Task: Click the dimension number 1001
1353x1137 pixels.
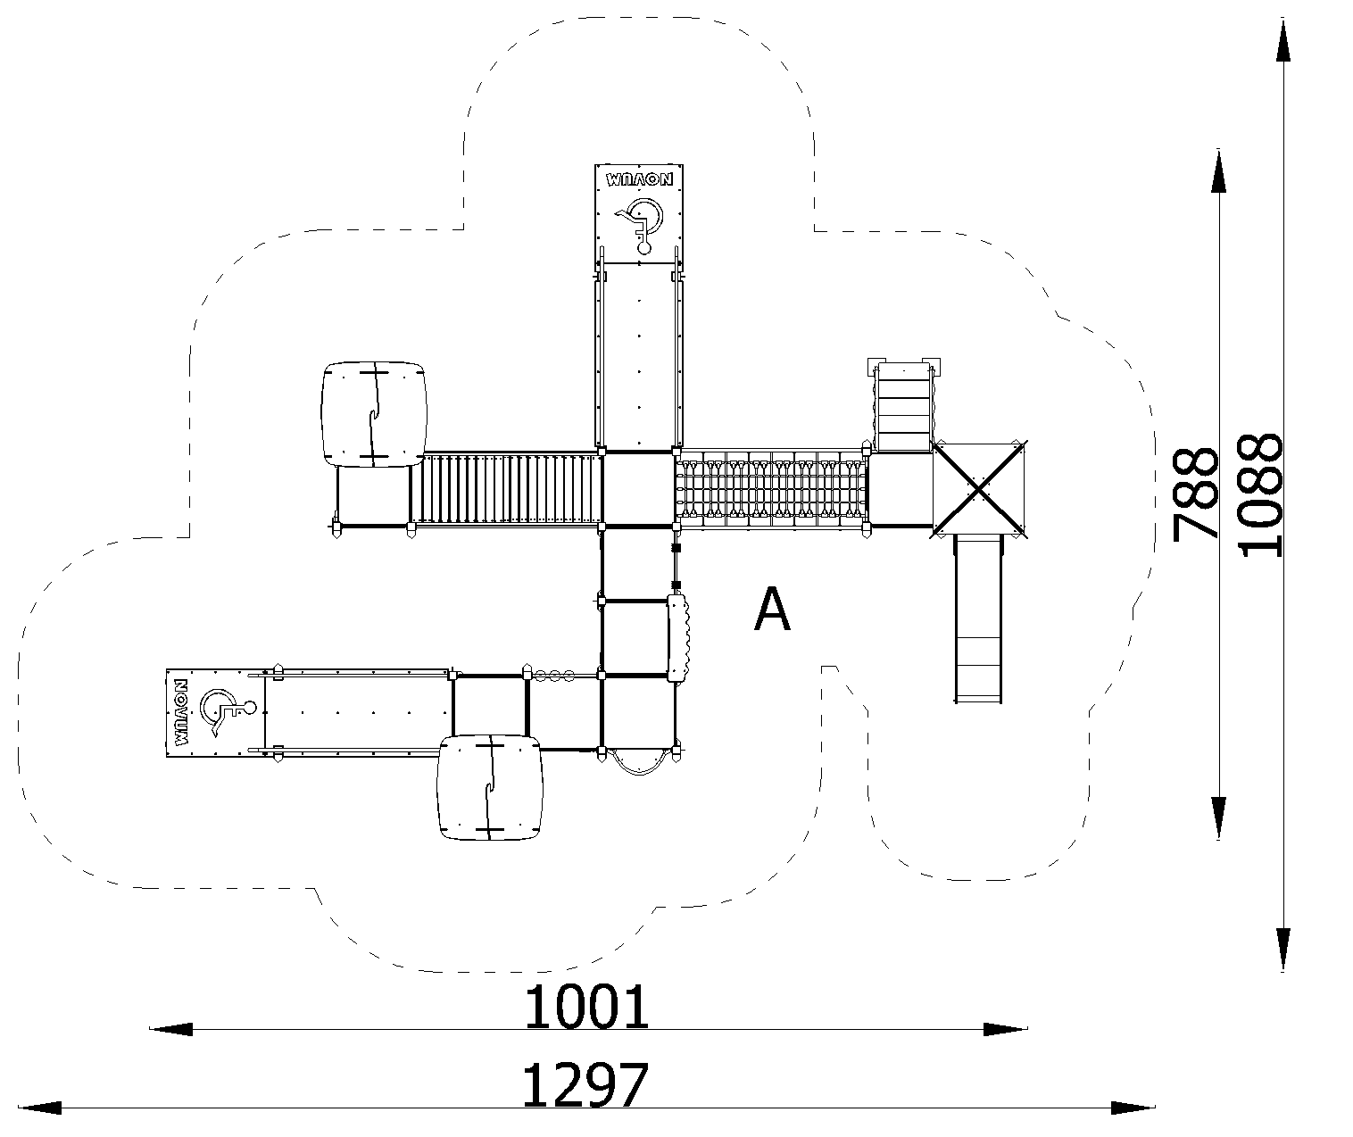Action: pyautogui.click(x=585, y=1008)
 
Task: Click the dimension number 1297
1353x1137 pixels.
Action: pyautogui.click(x=585, y=1086)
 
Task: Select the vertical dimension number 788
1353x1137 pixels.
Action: pyautogui.click(x=1196, y=493)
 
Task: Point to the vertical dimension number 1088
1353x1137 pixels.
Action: pyautogui.click(x=1259, y=495)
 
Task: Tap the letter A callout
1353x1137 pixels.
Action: pyautogui.click(x=772, y=609)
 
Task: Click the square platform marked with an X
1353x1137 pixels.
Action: pyautogui.click(x=979, y=489)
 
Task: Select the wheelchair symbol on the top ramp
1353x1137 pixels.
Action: pyautogui.click(x=641, y=223)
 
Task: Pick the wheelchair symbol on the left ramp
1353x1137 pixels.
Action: pyautogui.click(x=227, y=712)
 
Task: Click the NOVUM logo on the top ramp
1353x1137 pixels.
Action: pyautogui.click(x=640, y=179)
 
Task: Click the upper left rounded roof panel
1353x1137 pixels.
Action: pyautogui.click(x=374, y=414)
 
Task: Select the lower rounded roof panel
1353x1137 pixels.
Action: pyautogui.click(x=490, y=787)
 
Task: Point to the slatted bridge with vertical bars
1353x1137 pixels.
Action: pyautogui.click(x=505, y=489)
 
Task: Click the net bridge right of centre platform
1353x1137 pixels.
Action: pyautogui.click(x=771, y=489)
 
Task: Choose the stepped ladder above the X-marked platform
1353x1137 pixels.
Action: pyautogui.click(x=903, y=406)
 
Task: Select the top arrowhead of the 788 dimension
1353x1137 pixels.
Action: pyautogui.click(x=1219, y=171)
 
